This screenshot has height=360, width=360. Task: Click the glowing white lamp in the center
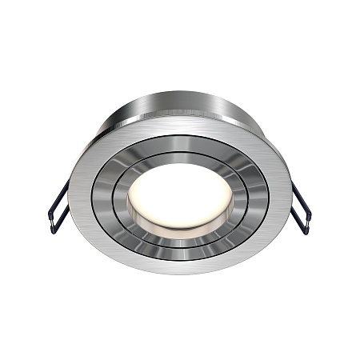click(x=180, y=194)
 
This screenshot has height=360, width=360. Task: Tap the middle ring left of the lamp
click(x=100, y=194)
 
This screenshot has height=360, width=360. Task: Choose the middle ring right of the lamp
click(x=260, y=194)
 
